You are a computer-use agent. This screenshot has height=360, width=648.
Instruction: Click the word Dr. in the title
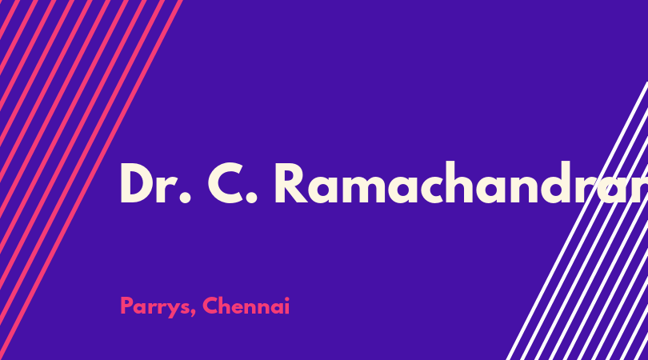click(156, 182)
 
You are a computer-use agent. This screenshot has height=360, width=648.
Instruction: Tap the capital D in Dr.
click(137, 182)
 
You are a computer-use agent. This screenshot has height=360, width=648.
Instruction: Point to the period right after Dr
click(186, 197)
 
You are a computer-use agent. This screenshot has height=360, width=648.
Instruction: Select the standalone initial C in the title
click(226, 182)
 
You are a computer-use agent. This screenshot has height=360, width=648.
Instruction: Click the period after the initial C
click(251, 197)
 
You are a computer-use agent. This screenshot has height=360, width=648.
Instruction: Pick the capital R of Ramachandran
click(291, 182)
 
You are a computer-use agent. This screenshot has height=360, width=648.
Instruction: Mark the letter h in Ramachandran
click(457, 182)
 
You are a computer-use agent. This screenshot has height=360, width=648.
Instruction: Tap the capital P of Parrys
click(127, 306)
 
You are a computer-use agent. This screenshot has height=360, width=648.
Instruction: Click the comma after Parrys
click(193, 313)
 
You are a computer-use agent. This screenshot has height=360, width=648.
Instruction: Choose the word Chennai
click(246, 306)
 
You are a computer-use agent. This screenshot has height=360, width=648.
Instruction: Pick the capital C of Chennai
click(210, 306)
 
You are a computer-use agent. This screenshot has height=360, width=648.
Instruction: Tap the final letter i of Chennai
click(287, 306)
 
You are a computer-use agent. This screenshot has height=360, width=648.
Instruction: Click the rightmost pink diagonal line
click(90, 180)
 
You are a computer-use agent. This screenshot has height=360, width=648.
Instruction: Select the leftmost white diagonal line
click(578, 221)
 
